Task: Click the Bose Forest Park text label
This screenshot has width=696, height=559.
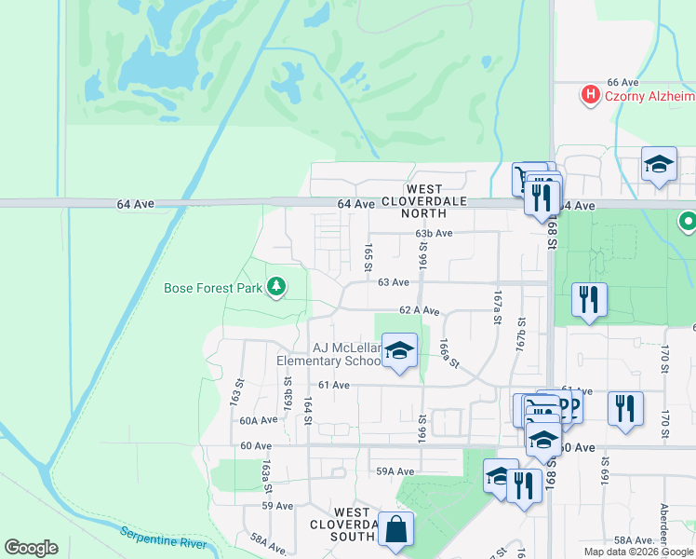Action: pos(213,288)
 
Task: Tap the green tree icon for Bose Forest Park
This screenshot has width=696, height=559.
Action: pos(275,287)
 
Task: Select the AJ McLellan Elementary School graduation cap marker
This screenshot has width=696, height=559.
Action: pos(399,351)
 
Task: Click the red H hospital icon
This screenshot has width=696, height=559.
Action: pos(589,94)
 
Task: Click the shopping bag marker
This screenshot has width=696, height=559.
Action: pos(395,528)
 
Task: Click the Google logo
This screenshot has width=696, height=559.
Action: pos(31,548)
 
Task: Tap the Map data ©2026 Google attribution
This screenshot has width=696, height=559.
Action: pos(638,552)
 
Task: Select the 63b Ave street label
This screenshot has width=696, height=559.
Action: pos(434,233)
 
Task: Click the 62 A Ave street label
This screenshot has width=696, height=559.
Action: pos(419,309)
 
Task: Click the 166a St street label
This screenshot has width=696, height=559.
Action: pos(450,353)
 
